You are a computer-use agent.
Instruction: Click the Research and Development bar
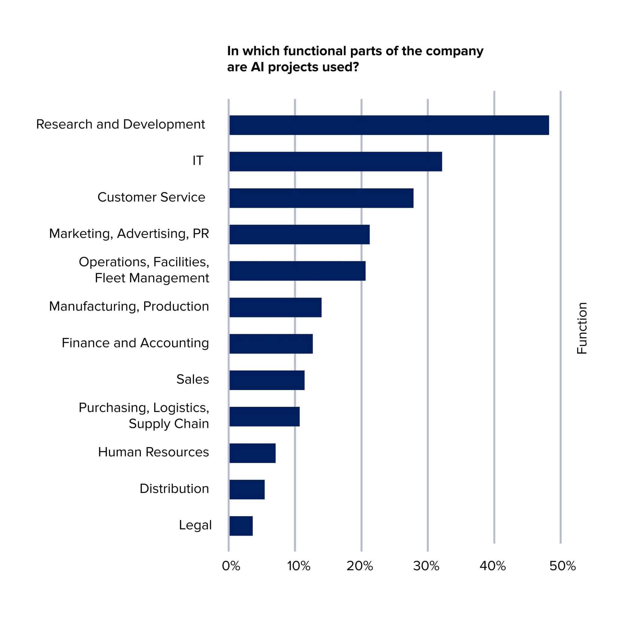389,125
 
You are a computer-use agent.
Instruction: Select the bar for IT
335,161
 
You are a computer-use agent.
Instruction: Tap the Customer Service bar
321,198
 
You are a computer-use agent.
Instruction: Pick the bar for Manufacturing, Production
275,307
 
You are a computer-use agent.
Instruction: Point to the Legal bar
241,526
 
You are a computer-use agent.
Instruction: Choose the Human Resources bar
252,453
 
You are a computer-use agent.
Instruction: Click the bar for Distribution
247,489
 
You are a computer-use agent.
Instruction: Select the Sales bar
267,380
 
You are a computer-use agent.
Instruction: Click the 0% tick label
231,566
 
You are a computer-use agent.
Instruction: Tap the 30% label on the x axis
426,566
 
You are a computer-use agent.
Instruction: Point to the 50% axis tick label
562,566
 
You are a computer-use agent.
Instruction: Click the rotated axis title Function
582,328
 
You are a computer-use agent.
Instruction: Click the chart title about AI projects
355,59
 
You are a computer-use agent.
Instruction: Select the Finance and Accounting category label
135,343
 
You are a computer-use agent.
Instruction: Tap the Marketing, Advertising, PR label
129,233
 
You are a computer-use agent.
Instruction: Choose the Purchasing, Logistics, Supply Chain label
144,416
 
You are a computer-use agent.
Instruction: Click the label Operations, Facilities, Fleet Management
144,270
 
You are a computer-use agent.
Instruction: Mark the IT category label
198,161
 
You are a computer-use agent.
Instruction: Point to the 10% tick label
298,566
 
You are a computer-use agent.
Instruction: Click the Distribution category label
174,488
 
